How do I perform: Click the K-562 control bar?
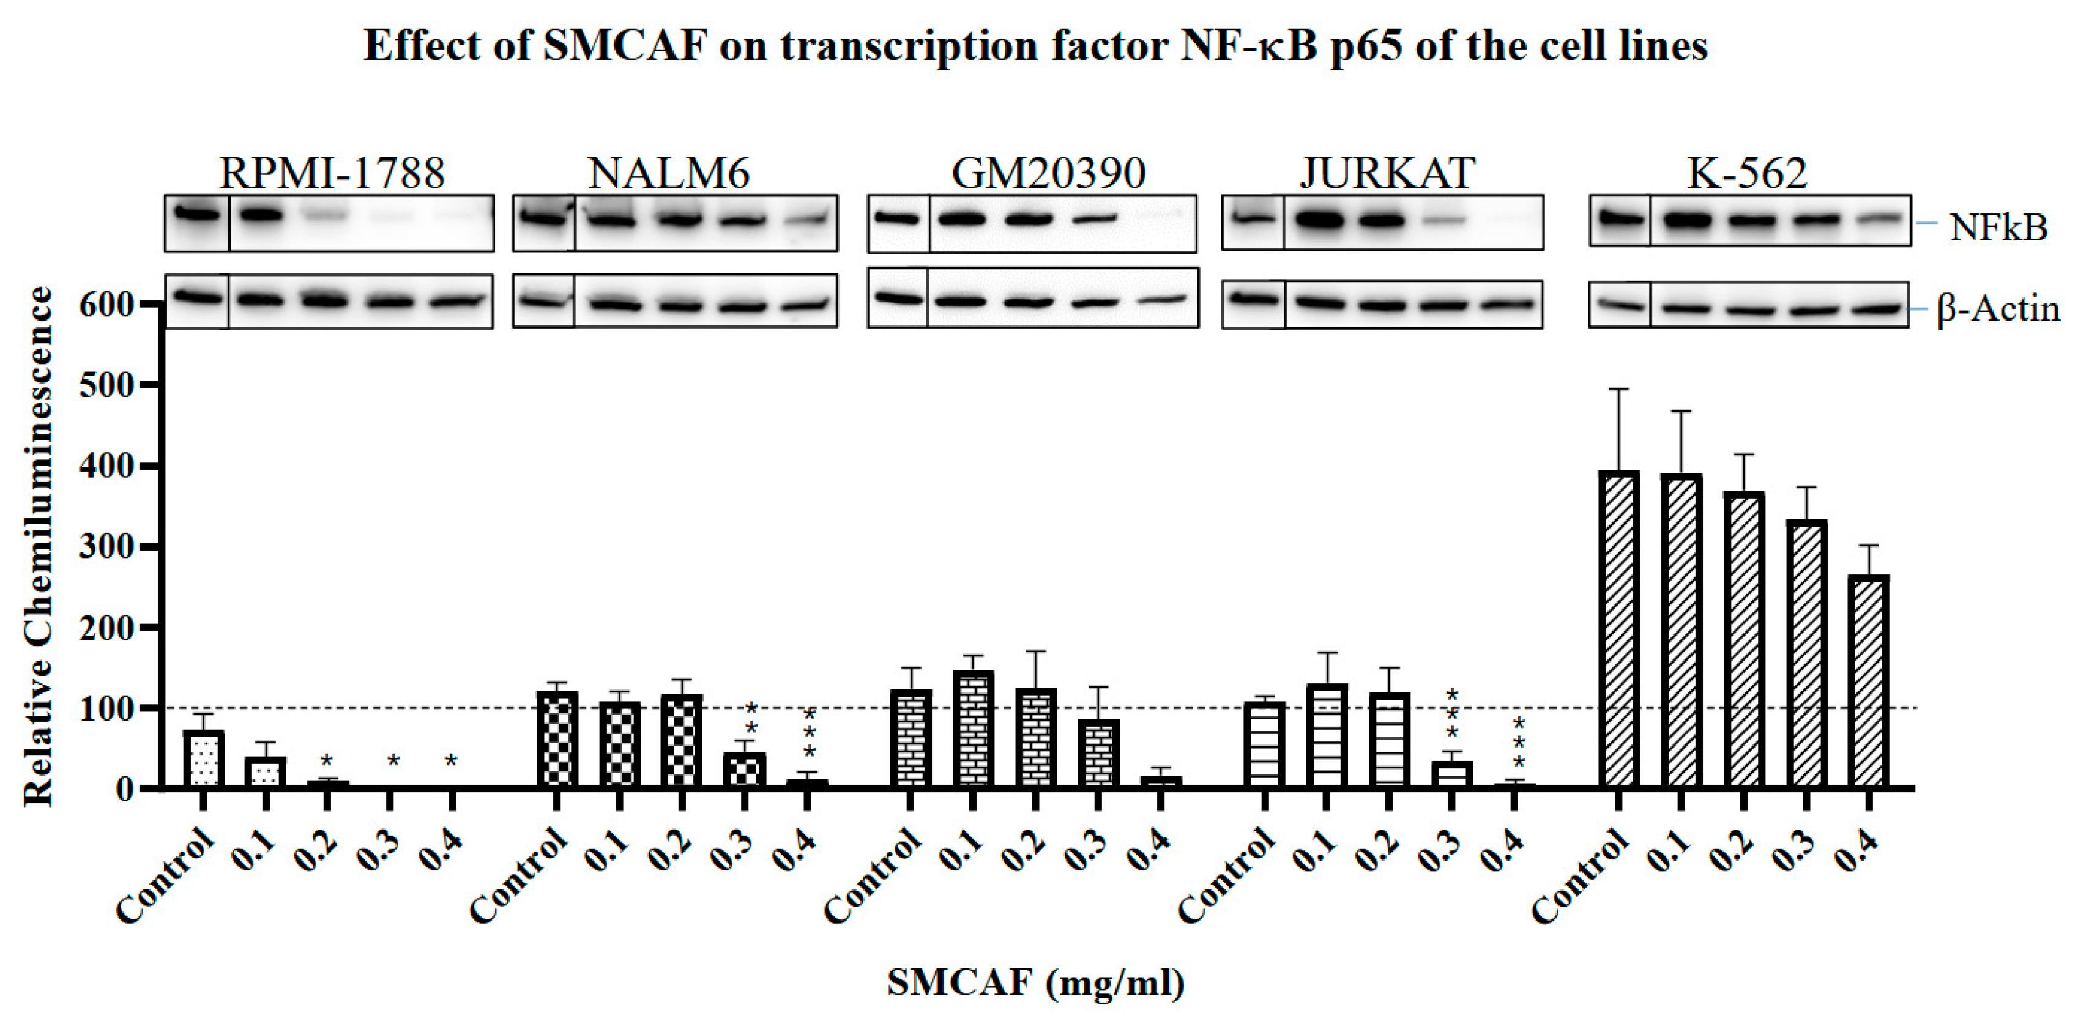1618,629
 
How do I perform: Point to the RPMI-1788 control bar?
203,758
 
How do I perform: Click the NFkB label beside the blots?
1997,228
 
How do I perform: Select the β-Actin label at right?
1997,309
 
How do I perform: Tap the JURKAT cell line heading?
1387,173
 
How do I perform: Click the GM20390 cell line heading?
1048,173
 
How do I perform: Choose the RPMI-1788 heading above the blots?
332,173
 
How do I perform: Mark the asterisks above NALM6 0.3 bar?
750,719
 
